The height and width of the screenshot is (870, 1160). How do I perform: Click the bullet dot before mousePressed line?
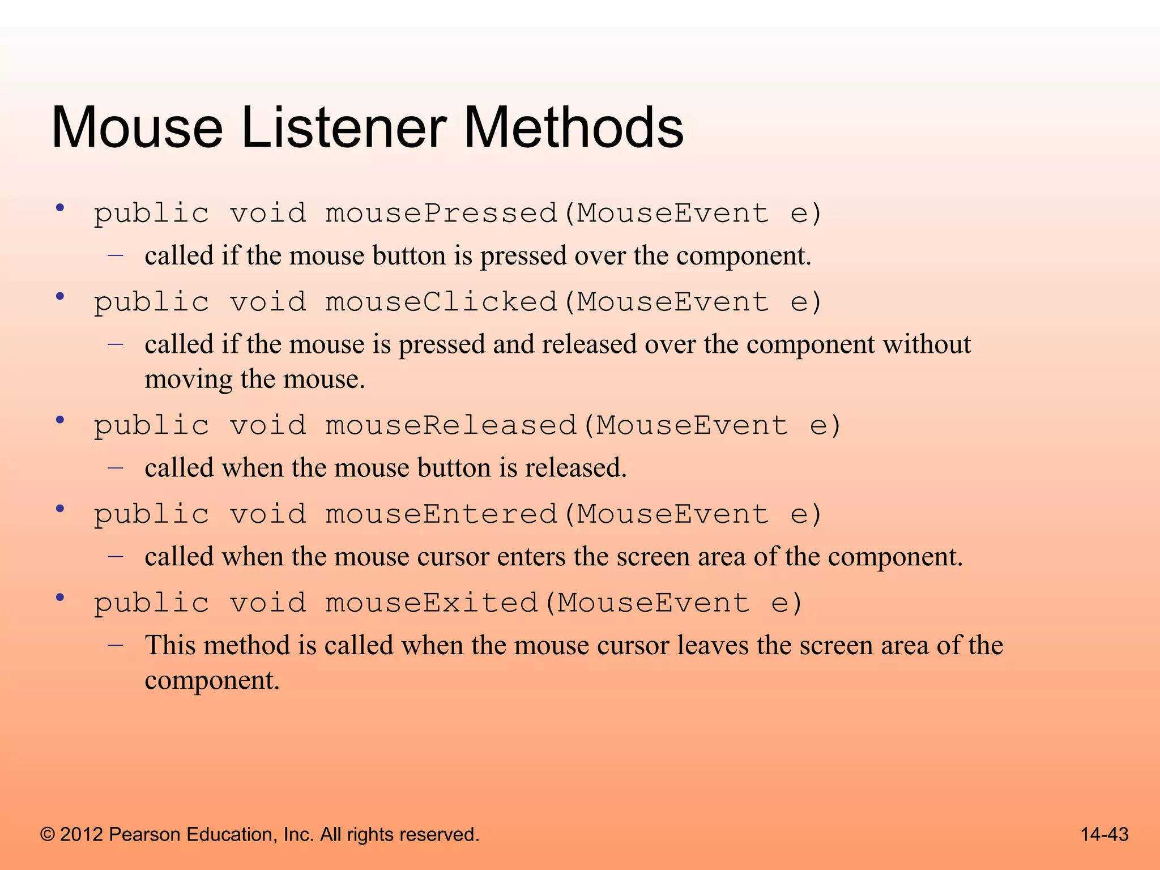point(60,208)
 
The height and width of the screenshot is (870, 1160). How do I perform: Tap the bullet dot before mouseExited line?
point(60,598)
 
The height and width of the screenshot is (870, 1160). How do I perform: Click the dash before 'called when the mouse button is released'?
point(116,468)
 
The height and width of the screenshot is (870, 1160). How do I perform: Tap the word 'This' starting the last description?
point(170,645)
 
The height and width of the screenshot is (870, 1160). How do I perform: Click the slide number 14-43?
point(1104,834)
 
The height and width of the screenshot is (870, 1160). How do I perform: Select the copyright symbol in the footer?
point(48,834)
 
